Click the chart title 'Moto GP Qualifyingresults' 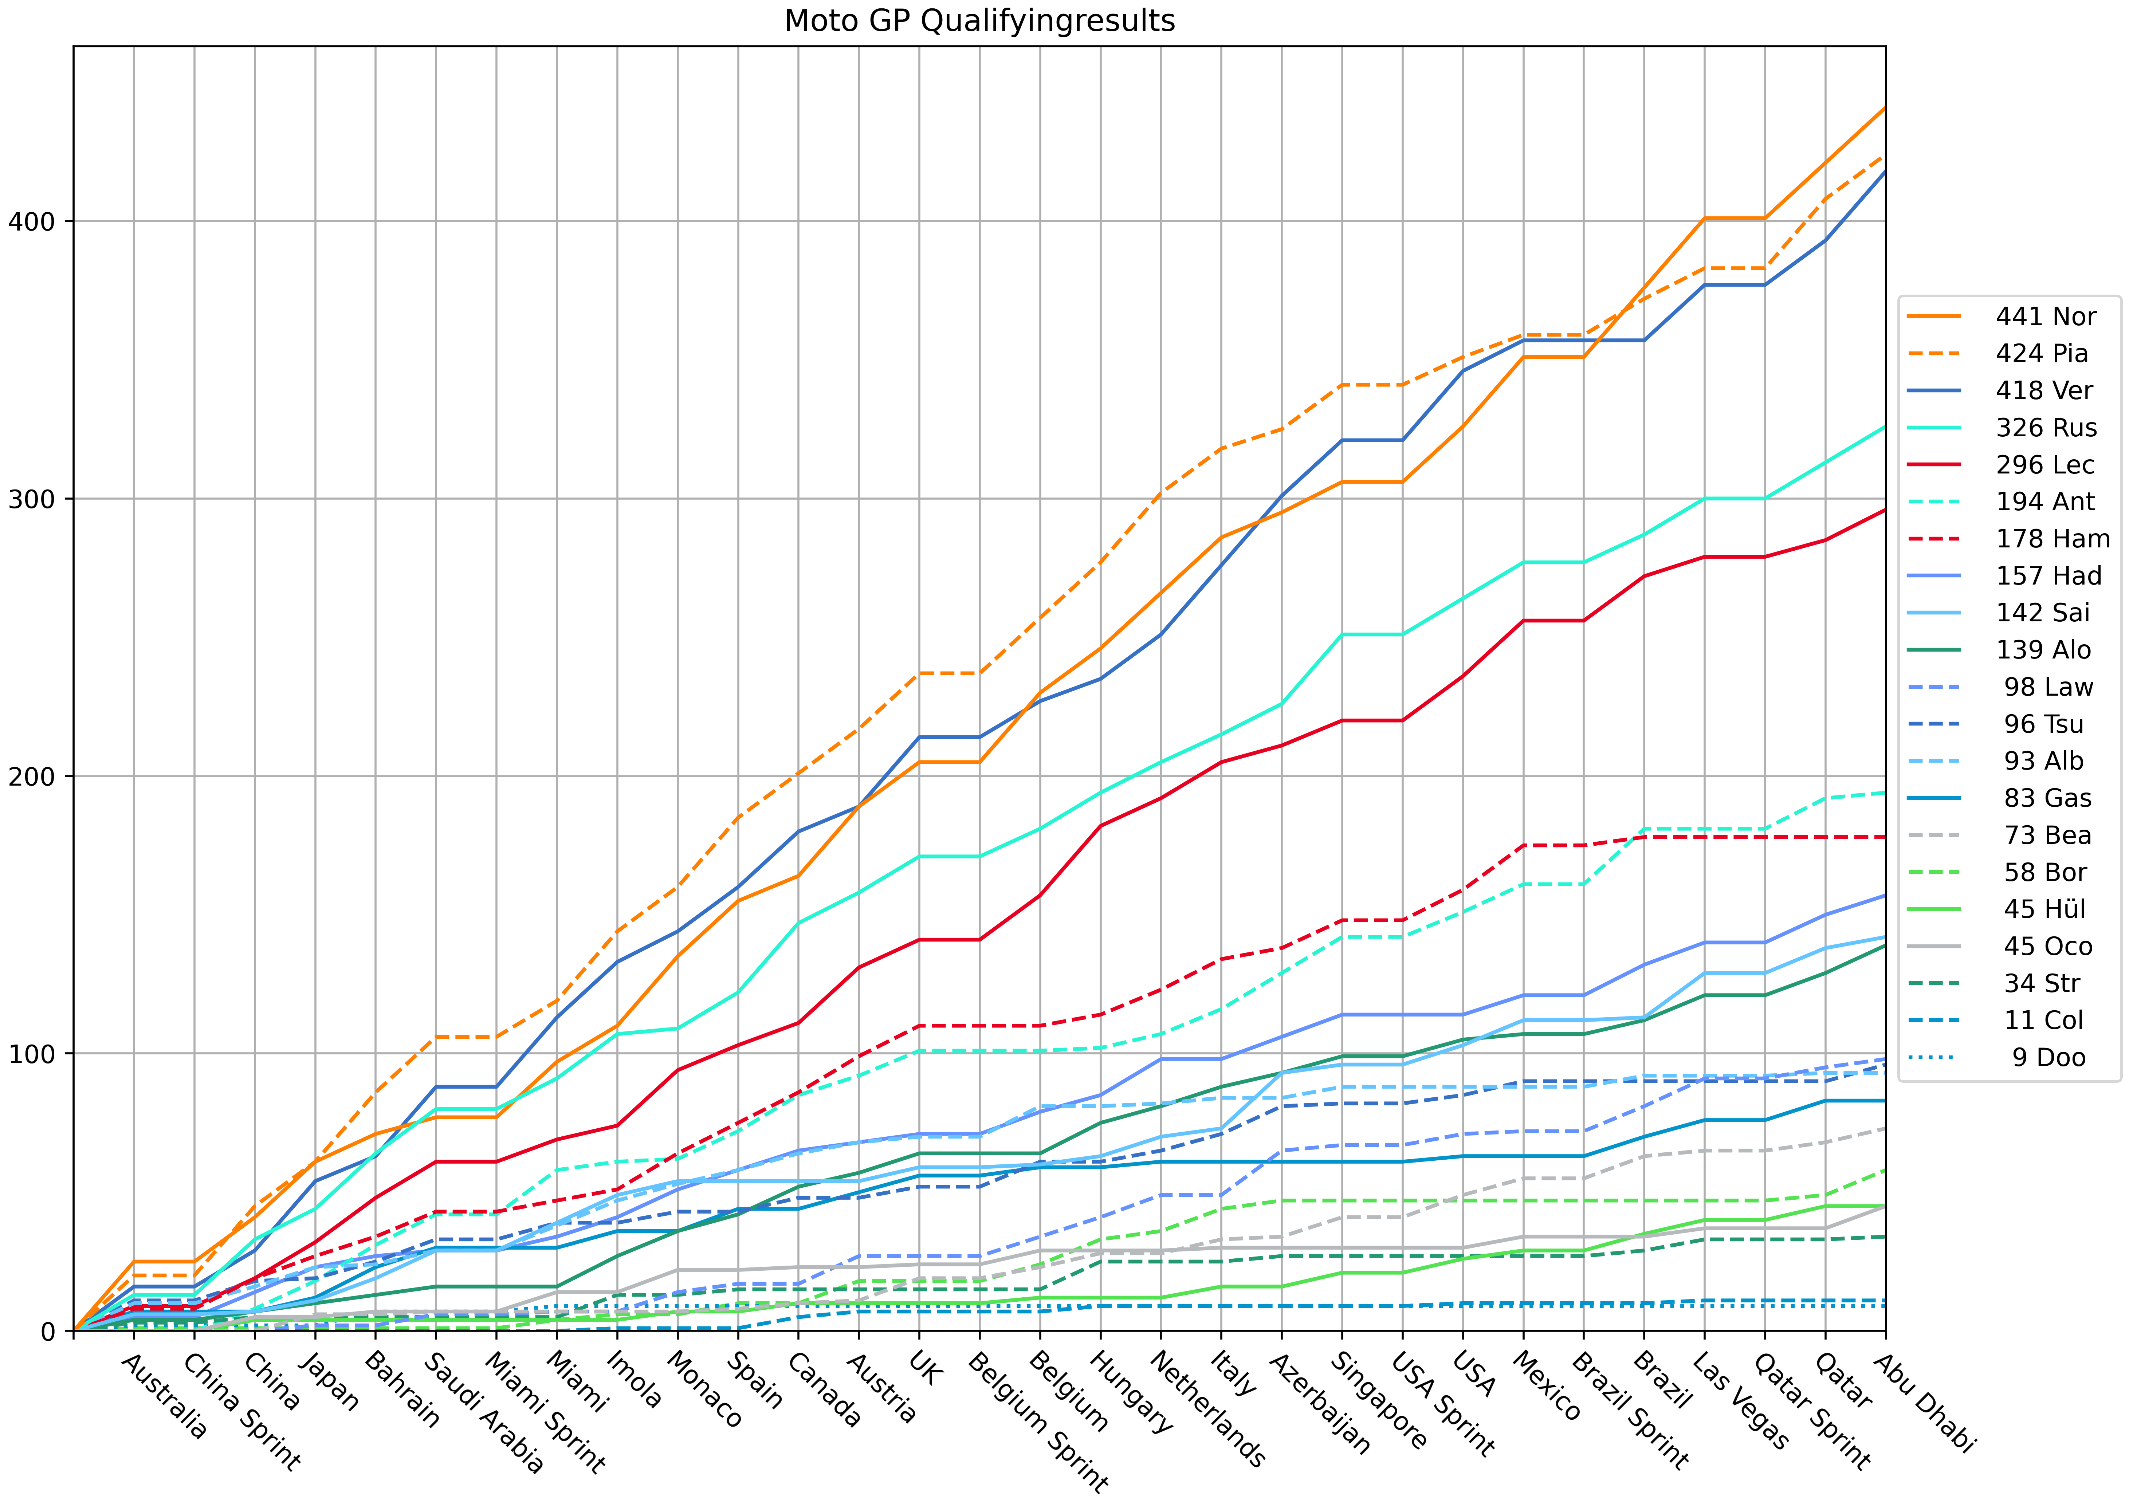(979, 20)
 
